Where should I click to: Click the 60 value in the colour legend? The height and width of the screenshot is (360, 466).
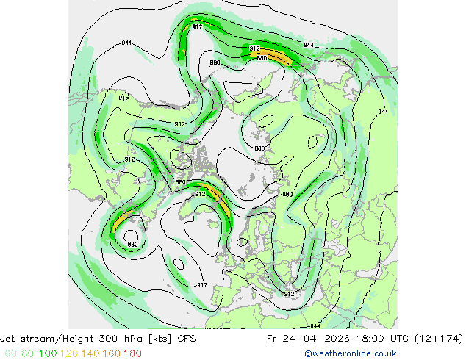click(10, 353)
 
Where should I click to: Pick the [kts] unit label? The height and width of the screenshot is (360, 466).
click(162, 339)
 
